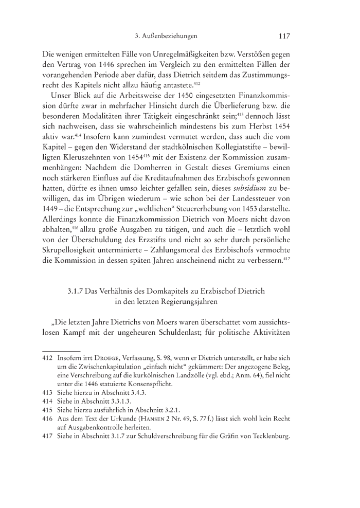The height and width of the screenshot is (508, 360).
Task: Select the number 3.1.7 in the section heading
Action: click(77, 291)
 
